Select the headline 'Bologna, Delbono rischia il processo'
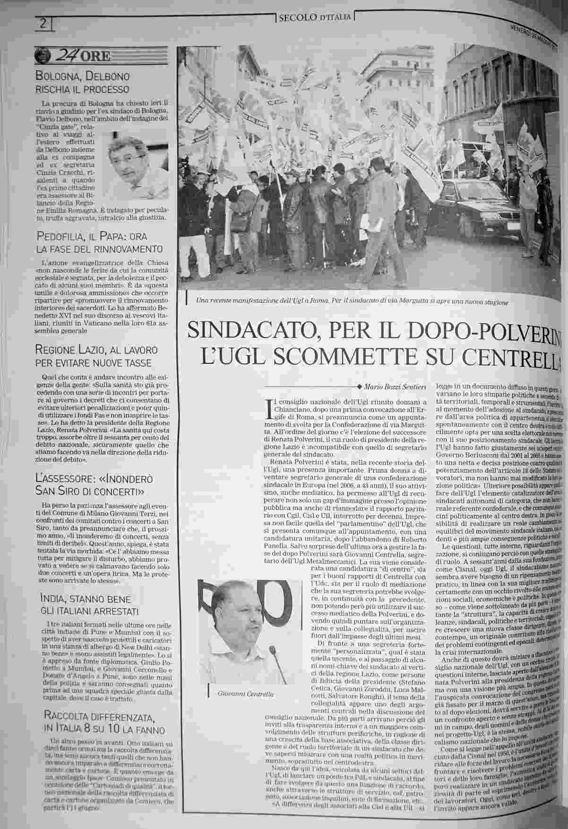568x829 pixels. pyautogui.click(x=83, y=82)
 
